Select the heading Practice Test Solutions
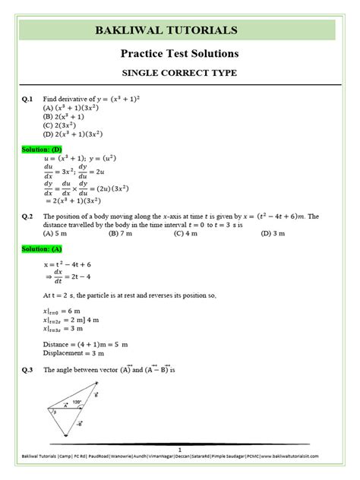pos(180,55)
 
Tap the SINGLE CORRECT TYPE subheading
pos(180,75)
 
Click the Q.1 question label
pos(27,99)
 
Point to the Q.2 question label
pos(27,216)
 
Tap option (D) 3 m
pos(272,235)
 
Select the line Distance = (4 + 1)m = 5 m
pos(86,343)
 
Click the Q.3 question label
pos(27,369)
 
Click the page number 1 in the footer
pos(179,451)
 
